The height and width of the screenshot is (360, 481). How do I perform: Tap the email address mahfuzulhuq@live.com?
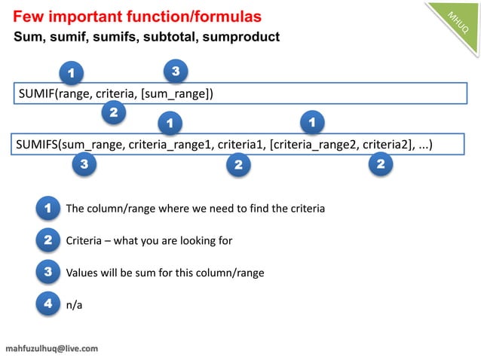tap(52, 348)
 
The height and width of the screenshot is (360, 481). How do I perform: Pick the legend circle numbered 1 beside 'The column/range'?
tap(47, 207)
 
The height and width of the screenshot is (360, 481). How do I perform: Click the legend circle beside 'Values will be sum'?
tap(47, 272)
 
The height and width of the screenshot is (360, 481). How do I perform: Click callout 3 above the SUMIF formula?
tap(175, 72)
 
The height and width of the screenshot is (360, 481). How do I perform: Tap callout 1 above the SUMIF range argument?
tap(71, 73)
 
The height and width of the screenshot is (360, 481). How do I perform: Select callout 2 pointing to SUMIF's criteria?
tap(112, 113)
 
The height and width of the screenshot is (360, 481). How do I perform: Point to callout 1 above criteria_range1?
tap(170, 122)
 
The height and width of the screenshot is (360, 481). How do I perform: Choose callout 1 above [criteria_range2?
tap(311, 121)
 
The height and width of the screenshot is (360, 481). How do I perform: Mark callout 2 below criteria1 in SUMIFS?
tap(237, 165)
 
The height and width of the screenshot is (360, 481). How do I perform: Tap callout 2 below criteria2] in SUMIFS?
tap(380, 164)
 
